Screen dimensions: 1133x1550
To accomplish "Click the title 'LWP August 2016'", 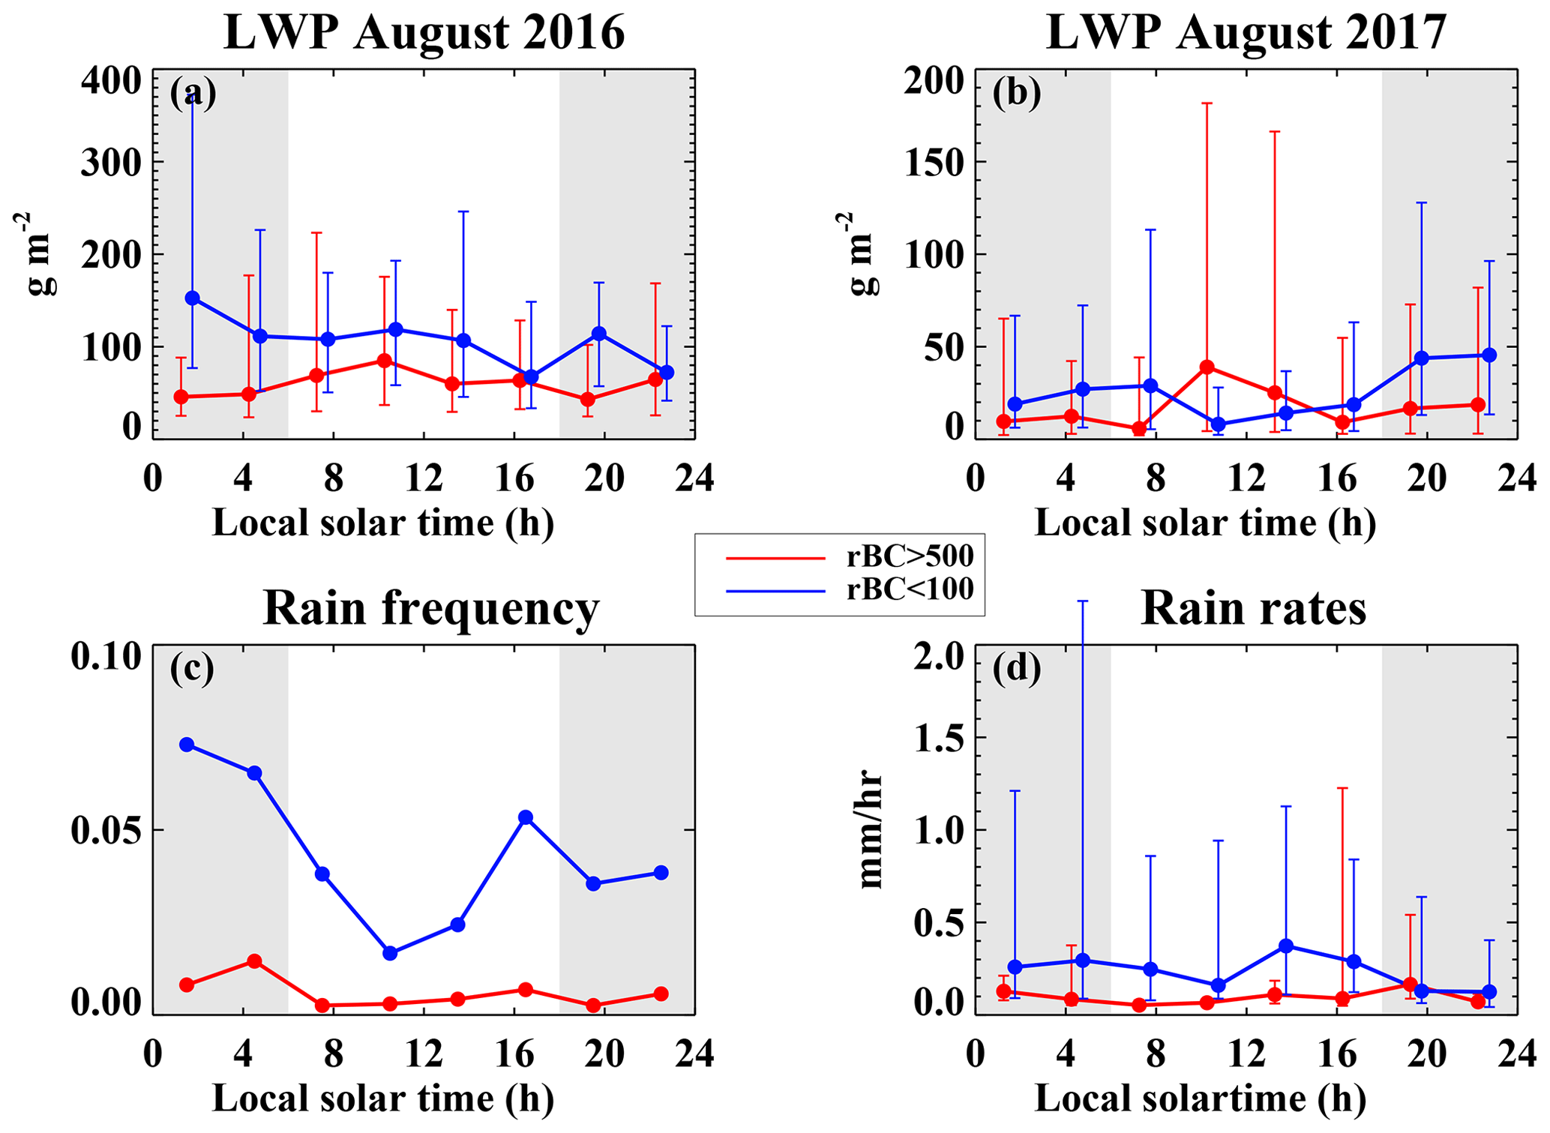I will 424,33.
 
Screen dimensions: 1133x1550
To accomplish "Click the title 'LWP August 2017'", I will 1246,33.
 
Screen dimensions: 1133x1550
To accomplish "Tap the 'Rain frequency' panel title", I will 431,608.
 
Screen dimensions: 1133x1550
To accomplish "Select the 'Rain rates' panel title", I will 1253,608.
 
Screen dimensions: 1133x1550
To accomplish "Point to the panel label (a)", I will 193,94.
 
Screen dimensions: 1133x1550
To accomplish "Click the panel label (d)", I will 1016,669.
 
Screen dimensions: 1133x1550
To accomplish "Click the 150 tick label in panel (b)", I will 934,162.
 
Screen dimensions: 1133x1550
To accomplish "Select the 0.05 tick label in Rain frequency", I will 106,831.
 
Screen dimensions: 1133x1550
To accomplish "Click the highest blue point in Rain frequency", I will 187,745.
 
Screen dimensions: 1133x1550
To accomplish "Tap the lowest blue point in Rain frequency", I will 390,953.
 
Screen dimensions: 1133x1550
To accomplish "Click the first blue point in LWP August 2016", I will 193,298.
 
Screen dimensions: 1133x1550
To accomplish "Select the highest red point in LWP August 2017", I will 1207,367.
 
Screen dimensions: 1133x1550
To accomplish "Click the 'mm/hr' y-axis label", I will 870,829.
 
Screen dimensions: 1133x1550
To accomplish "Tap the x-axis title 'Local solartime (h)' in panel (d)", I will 1200,1099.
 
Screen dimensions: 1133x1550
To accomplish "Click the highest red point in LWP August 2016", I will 384,361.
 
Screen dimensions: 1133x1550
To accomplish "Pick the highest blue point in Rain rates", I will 1286,946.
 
